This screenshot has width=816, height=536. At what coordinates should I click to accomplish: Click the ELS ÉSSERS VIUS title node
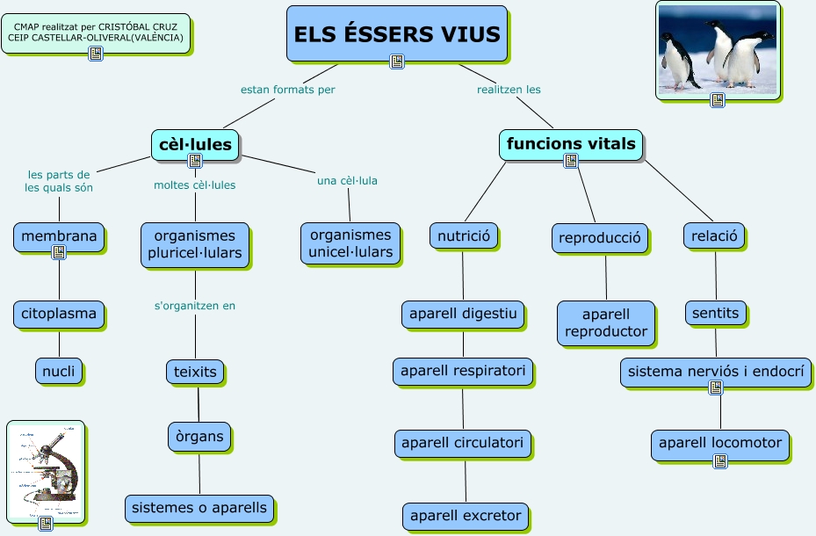(397, 33)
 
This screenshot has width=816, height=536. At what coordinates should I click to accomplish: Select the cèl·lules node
(195, 143)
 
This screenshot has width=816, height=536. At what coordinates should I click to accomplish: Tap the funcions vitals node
(571, 143)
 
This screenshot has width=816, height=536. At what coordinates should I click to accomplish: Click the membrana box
(59, 236)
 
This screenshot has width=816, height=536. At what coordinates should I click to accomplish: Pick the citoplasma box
(59, 314)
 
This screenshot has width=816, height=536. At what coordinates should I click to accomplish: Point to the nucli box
(59, 371)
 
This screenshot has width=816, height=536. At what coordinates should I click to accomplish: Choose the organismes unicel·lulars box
(350, 243)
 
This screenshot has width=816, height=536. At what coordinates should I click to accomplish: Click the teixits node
(196, 372)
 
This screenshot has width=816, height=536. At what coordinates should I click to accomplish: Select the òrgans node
(199, 436)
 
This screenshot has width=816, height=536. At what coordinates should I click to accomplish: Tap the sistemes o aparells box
(199, 507)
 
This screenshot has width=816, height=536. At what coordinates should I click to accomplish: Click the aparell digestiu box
(463, 314)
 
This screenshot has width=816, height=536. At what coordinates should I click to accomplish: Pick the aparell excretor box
(466, 516)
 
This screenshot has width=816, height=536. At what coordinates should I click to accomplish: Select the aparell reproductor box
(606, 322)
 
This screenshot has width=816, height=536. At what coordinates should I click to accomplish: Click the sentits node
(716, 313)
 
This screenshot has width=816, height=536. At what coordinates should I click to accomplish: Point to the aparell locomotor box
(720, 444)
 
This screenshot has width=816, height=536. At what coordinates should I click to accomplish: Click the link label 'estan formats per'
(288, 89)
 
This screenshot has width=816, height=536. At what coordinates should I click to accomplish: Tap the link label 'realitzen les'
(509, 89)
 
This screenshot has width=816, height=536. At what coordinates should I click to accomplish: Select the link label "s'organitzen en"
(195, 306)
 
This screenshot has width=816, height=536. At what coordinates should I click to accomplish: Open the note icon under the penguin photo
(718, 100)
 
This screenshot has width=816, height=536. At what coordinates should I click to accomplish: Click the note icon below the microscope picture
(46, 524)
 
